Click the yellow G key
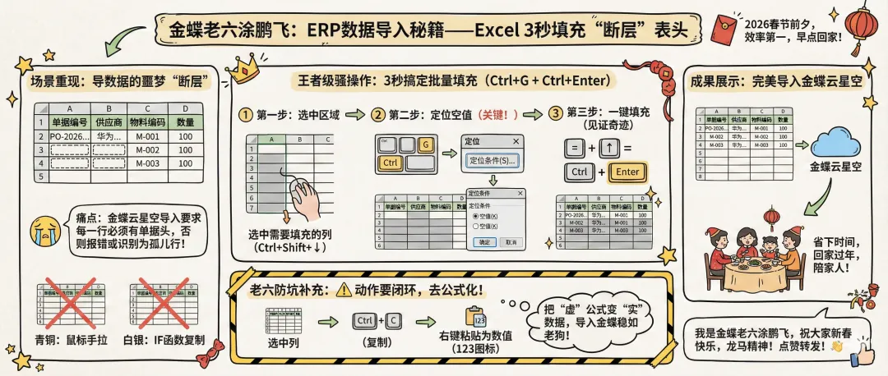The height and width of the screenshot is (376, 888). tap(425, 145)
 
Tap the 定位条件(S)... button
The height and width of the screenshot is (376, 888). tap(493, 159)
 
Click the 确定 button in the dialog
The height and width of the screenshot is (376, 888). tap(484, 242)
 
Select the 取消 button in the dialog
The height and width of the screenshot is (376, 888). tap(510, 242)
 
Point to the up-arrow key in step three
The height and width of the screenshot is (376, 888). tap(609, 149)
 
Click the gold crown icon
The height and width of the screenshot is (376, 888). tap(244, 68)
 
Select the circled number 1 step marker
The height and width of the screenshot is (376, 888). tap(244, 113)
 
